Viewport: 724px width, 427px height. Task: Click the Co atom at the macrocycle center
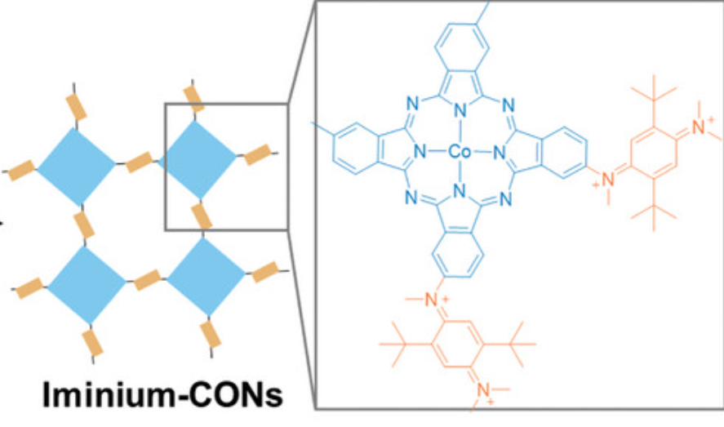(458, 152)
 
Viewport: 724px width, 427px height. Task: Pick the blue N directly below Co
(459, 192)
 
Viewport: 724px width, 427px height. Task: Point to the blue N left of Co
(419, 152)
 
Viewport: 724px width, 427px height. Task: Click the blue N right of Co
(499, 152)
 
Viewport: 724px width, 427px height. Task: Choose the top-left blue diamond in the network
(76, 166)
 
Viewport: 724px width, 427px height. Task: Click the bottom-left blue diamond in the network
(86, 284)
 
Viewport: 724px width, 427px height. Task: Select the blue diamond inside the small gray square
(196, 159)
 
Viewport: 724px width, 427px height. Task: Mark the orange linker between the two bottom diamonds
(148, 279)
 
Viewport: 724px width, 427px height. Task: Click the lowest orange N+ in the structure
(482, 398)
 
